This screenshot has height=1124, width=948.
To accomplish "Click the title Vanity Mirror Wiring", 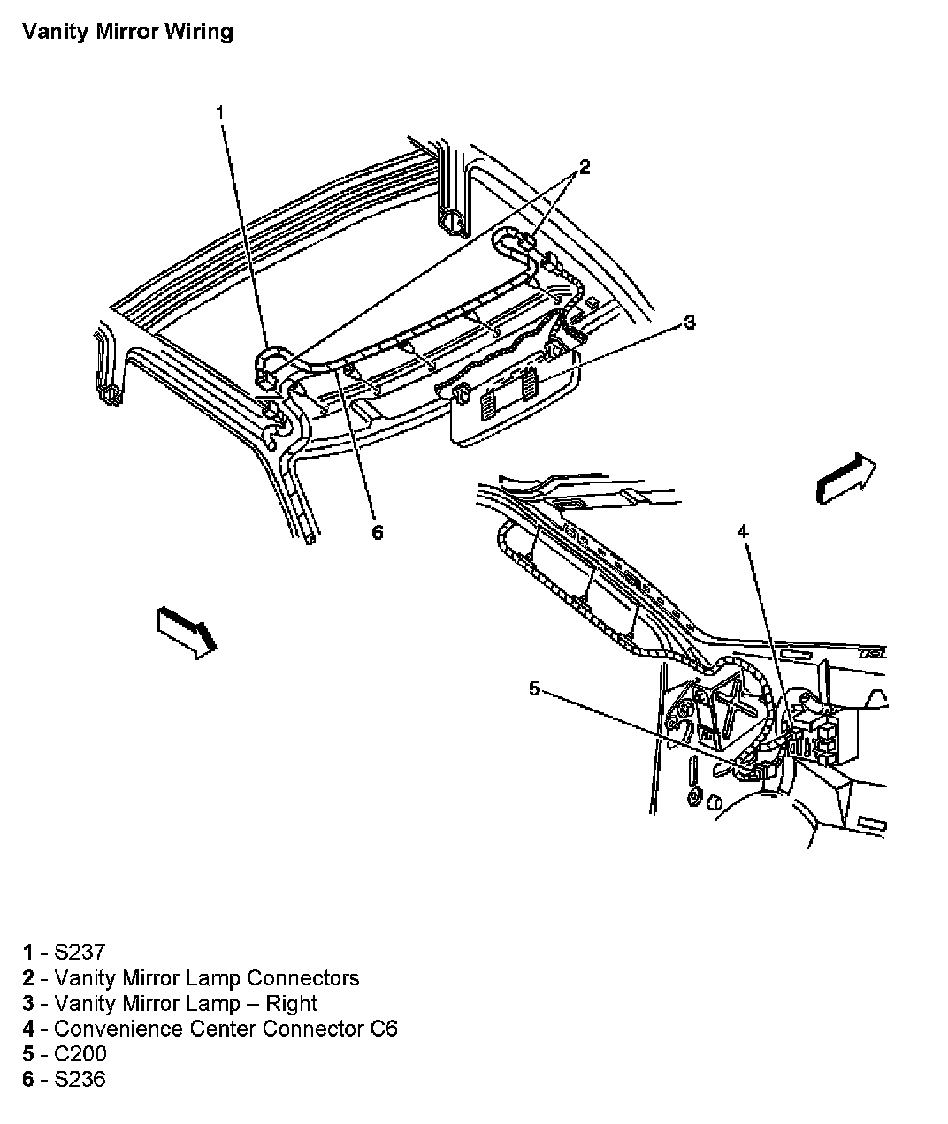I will [x=127, y=32].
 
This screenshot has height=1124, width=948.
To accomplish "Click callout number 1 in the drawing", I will [x=220, y=112].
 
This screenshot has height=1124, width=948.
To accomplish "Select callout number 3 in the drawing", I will [x=689, y=322].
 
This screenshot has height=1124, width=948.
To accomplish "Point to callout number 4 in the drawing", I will [x=743, y=531].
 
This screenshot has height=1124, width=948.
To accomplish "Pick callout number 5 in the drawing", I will [x=534, y=688].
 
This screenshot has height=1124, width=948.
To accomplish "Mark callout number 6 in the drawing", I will [x=378, y=532].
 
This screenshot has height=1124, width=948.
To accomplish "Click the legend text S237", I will [x=80, y=952].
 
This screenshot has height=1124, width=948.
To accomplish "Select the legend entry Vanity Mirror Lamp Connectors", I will [x=206, y=977].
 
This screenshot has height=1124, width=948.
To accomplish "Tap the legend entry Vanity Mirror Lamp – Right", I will [x=185, y=1003].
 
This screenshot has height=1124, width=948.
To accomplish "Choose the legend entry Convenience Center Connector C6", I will [x=226, y=1029].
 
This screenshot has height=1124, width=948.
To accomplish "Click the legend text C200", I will [x=80, y=1054].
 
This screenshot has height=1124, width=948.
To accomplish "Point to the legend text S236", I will [x=80, y=1079].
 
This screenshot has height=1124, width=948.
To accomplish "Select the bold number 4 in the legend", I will [x=29, y=1029].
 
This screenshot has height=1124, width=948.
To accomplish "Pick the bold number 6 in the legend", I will [x=29, y=1079].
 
